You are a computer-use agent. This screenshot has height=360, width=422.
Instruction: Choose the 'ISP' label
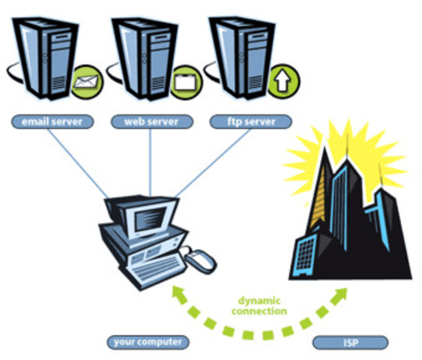pyautogui.click(x=350, y=343)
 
